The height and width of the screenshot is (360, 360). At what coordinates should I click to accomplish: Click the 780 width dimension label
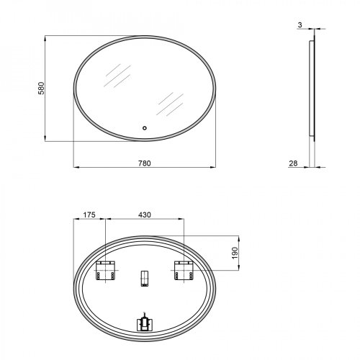pos(145,163)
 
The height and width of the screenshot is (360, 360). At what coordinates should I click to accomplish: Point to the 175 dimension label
pos(89,215)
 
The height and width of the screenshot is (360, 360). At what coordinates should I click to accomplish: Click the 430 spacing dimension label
pos(145,215)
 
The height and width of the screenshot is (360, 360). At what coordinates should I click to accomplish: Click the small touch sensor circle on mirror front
pos(145,129)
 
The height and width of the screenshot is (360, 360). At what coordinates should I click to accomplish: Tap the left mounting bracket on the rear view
pos(105,272)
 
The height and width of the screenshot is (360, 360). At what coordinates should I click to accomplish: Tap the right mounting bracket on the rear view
pos(182,272)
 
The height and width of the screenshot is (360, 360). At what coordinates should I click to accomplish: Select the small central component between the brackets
pos(144,278)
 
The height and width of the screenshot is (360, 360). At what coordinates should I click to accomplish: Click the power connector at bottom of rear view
pos(144,322)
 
